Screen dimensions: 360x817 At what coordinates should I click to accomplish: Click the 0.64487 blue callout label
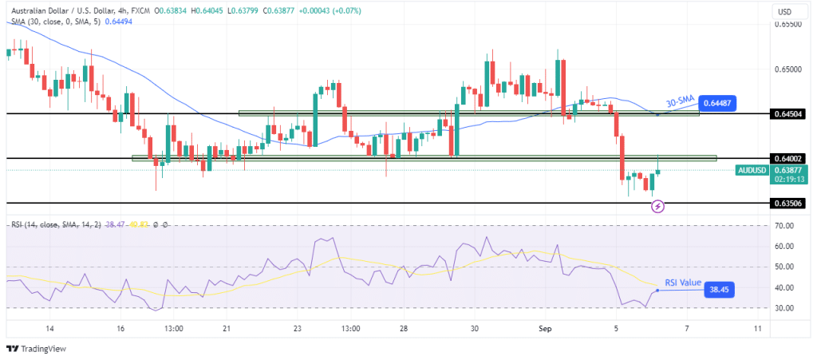click(717, 102)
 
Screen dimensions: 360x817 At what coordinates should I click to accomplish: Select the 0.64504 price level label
click(788, 114)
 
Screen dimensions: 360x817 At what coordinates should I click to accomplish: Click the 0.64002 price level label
click(788, 159)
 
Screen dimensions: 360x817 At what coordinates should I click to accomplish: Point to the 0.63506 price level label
click(788, 204)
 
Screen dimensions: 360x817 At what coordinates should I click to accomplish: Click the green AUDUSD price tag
click(752, 170)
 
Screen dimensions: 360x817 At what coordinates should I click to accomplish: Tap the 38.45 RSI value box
click(719, 291)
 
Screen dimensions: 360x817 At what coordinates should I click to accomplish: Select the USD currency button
click(783, 11)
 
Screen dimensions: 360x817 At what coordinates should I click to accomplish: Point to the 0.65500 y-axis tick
click(787, 25)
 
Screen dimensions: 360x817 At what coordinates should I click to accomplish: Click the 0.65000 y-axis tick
click(787, 69)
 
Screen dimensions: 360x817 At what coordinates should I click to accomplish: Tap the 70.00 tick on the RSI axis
click(783, 226)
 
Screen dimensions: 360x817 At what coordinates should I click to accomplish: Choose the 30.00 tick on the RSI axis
click(783, 308)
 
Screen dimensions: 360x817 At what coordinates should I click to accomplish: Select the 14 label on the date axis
click(49, 328)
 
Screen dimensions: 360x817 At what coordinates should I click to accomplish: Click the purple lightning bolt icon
click(657, 206)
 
